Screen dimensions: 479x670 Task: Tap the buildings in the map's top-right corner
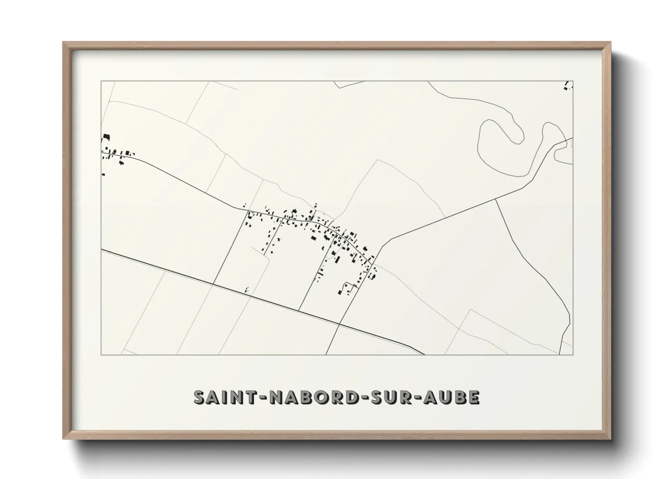568,86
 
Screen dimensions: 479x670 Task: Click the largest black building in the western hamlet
106,137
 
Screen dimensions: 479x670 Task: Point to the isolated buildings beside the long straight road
247,289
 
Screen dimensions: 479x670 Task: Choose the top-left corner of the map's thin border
101,81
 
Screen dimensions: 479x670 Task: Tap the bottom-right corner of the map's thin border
573,354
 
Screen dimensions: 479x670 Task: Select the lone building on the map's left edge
104,174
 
